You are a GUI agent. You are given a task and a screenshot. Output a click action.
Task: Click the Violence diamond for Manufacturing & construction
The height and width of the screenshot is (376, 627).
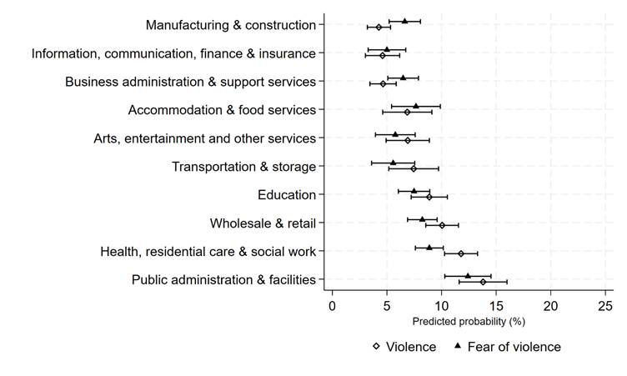click(x=379, y=28)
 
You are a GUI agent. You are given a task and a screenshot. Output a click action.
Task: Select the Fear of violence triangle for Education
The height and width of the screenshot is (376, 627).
click(x=414, y=191)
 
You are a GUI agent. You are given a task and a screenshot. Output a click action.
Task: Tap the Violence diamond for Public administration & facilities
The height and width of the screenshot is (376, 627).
click(x=483, y=282)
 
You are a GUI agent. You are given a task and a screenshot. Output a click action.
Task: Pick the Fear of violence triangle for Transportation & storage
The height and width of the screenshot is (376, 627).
click(x=394, y=163)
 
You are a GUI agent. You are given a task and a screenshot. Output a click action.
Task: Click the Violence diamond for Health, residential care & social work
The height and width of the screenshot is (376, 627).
click(x=461, y=253)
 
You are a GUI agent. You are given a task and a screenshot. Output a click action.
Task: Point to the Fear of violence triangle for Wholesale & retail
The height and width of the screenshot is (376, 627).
click(x=422, y=219)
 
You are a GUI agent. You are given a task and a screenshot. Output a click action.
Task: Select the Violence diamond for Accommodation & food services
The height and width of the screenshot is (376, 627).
click(x=407, y=112)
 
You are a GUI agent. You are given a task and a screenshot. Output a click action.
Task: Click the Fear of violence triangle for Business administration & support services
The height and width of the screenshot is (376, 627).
click(x=403, y=78)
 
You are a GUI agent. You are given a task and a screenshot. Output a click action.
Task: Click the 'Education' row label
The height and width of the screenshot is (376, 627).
click(x=287, y=195)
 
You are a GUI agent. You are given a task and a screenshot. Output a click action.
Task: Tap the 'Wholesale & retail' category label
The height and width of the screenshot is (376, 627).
click(x=263, y=223)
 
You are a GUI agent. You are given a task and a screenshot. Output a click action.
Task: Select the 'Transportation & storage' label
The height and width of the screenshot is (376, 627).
click(x=243, y=167)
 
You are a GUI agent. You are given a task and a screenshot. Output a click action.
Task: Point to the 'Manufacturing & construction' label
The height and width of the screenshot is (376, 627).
click(x=230, y=25)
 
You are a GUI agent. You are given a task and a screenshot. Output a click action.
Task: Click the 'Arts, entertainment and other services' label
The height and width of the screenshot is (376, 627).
click(x=204, y=138)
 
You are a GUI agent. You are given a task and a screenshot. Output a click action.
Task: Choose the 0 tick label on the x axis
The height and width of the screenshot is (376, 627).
click(x=332, y=306)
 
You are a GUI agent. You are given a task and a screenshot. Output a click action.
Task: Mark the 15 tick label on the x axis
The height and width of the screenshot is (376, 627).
click(x=495, y=306)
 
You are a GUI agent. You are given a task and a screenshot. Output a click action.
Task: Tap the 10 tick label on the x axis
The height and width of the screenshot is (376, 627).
click(x=441, y=306)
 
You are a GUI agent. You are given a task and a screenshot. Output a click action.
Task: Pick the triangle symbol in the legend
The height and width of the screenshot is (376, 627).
click(x=458, y=346)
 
